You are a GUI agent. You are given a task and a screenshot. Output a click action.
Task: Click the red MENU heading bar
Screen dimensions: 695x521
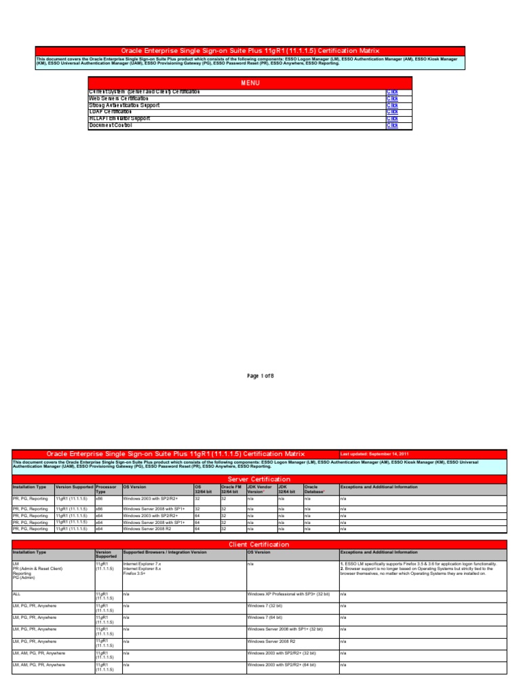pyautogui.click(x=250, y=83)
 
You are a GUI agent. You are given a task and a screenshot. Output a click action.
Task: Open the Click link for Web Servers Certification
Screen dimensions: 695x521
pyautogui.click(x=392, y=98)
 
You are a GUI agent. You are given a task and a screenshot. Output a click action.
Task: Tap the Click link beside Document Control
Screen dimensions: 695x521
pyautogui.click(x=392, y=126)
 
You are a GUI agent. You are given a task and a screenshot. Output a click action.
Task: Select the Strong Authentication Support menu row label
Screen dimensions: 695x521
pyautogui.click(x=124, y=105)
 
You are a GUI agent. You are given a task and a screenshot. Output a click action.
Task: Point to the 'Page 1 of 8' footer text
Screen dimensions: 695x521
pyautogui.click(x=260, y=375)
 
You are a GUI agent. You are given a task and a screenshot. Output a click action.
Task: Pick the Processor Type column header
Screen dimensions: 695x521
pyautogui.click(x=105, y=489)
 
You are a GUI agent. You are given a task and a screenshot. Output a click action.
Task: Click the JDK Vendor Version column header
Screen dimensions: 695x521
pyautogui.click(x=260, y=489)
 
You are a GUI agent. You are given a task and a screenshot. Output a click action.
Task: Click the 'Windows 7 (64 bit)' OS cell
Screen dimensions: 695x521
pyautogui.click(x=267, y=618)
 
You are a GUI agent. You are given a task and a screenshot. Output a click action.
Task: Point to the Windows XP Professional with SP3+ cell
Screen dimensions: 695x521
pyautogui.click(x=288, y=594)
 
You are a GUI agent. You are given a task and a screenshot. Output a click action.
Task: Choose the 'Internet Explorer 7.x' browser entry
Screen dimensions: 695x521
pyautogui.click(x=142, y=563)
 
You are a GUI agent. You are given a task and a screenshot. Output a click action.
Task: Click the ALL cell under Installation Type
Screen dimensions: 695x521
pyautogui.click(x=17, y=594)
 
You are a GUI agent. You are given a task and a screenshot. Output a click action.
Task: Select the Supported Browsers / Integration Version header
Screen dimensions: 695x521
pyautogui.click(x=165, y=552)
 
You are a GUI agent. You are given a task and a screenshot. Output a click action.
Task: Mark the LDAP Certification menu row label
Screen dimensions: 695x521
pyautogui.click(x=110, y=112)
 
